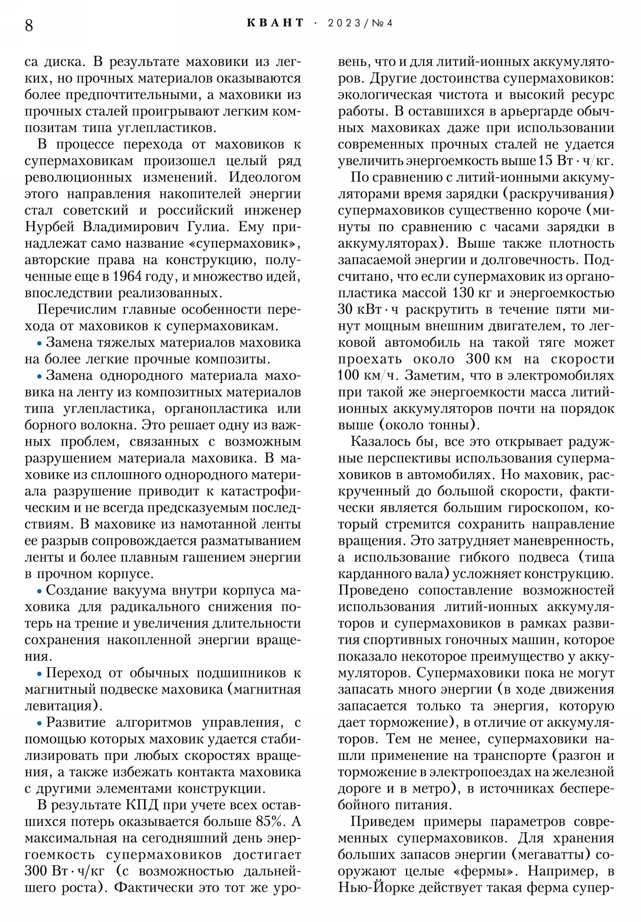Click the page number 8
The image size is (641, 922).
pyautogui.click(x=29, y=26)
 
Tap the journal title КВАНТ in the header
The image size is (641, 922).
pyautogui.click(x=275, y=23)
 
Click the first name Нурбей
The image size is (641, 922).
pyautogui.click(x=49, y=227)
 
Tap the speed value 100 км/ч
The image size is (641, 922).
pyautogui.click(x=368, y=376)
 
